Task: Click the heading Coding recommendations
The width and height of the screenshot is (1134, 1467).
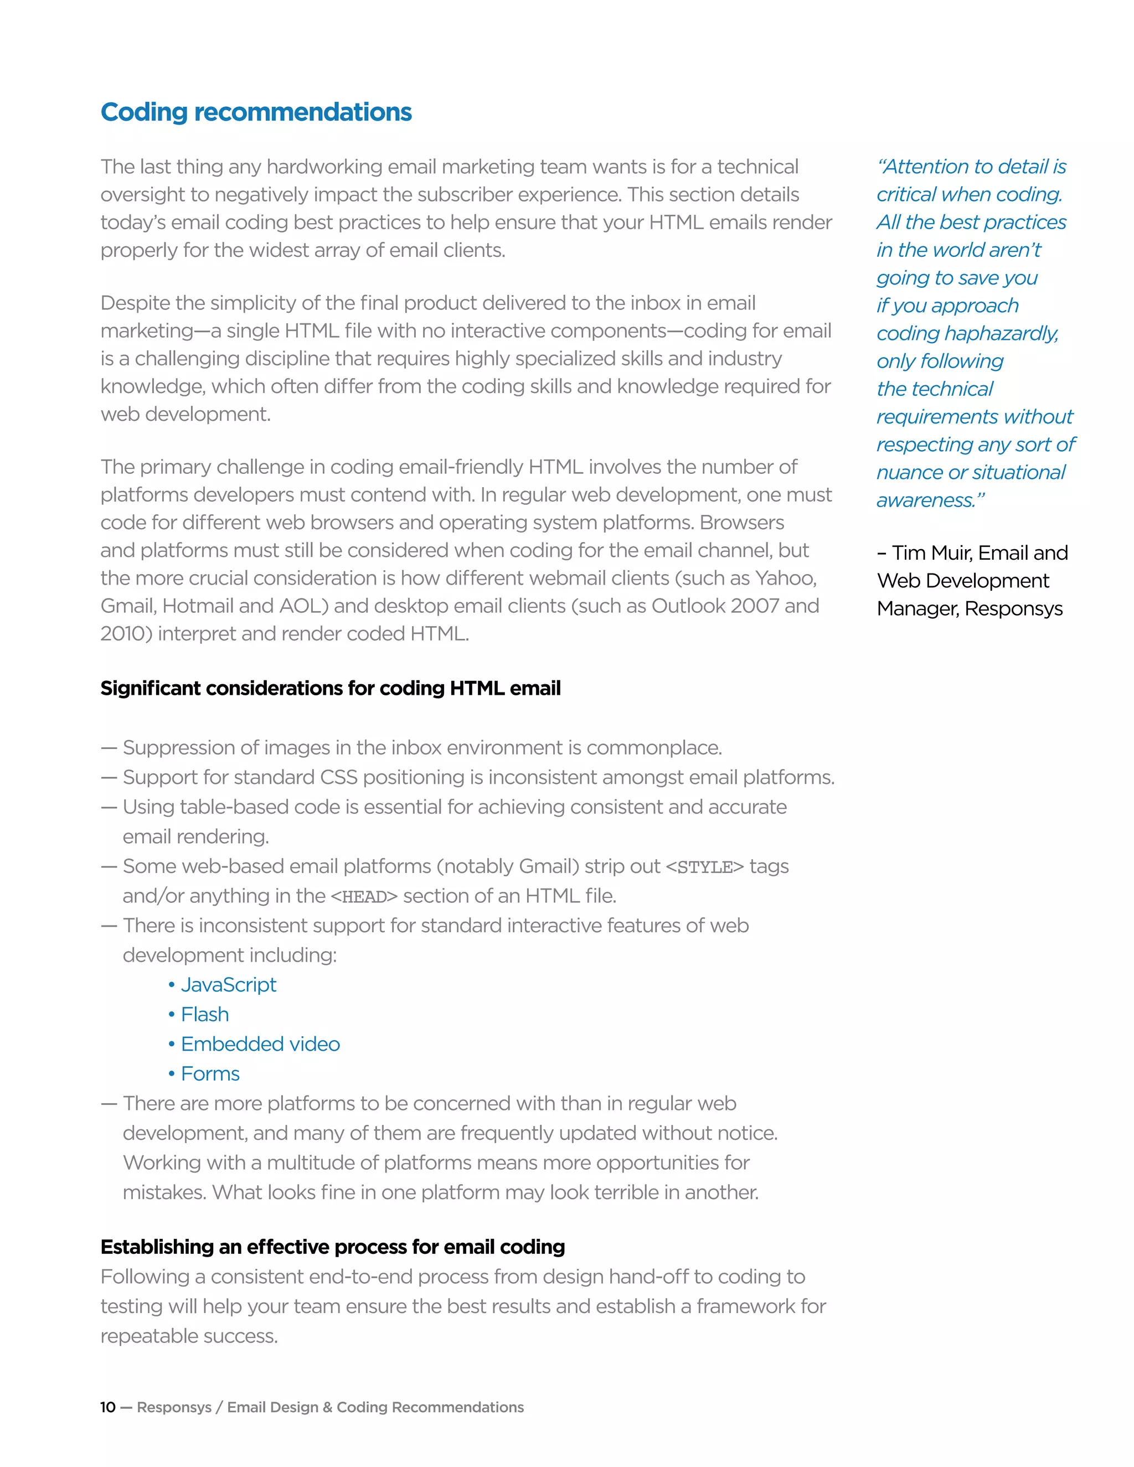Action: coord(256,112)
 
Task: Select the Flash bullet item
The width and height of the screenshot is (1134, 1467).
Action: coord(204,1014)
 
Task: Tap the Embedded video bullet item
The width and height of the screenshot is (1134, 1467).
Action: coord(260,1044)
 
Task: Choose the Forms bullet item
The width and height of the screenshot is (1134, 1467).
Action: coord(210,1073)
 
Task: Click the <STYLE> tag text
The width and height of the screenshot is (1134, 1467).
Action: coord(704,867)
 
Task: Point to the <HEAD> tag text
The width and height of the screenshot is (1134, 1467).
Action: coord(364,897)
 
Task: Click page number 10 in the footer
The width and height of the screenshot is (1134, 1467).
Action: coord(107,1407)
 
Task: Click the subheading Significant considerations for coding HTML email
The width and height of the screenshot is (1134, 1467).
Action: coord(331,689)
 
